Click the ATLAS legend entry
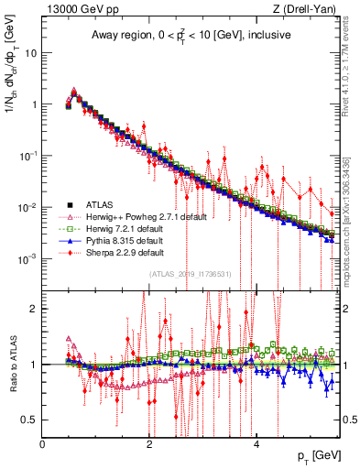point(100,204)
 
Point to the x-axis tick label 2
point(149,444)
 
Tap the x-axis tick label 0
point(43,444)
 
